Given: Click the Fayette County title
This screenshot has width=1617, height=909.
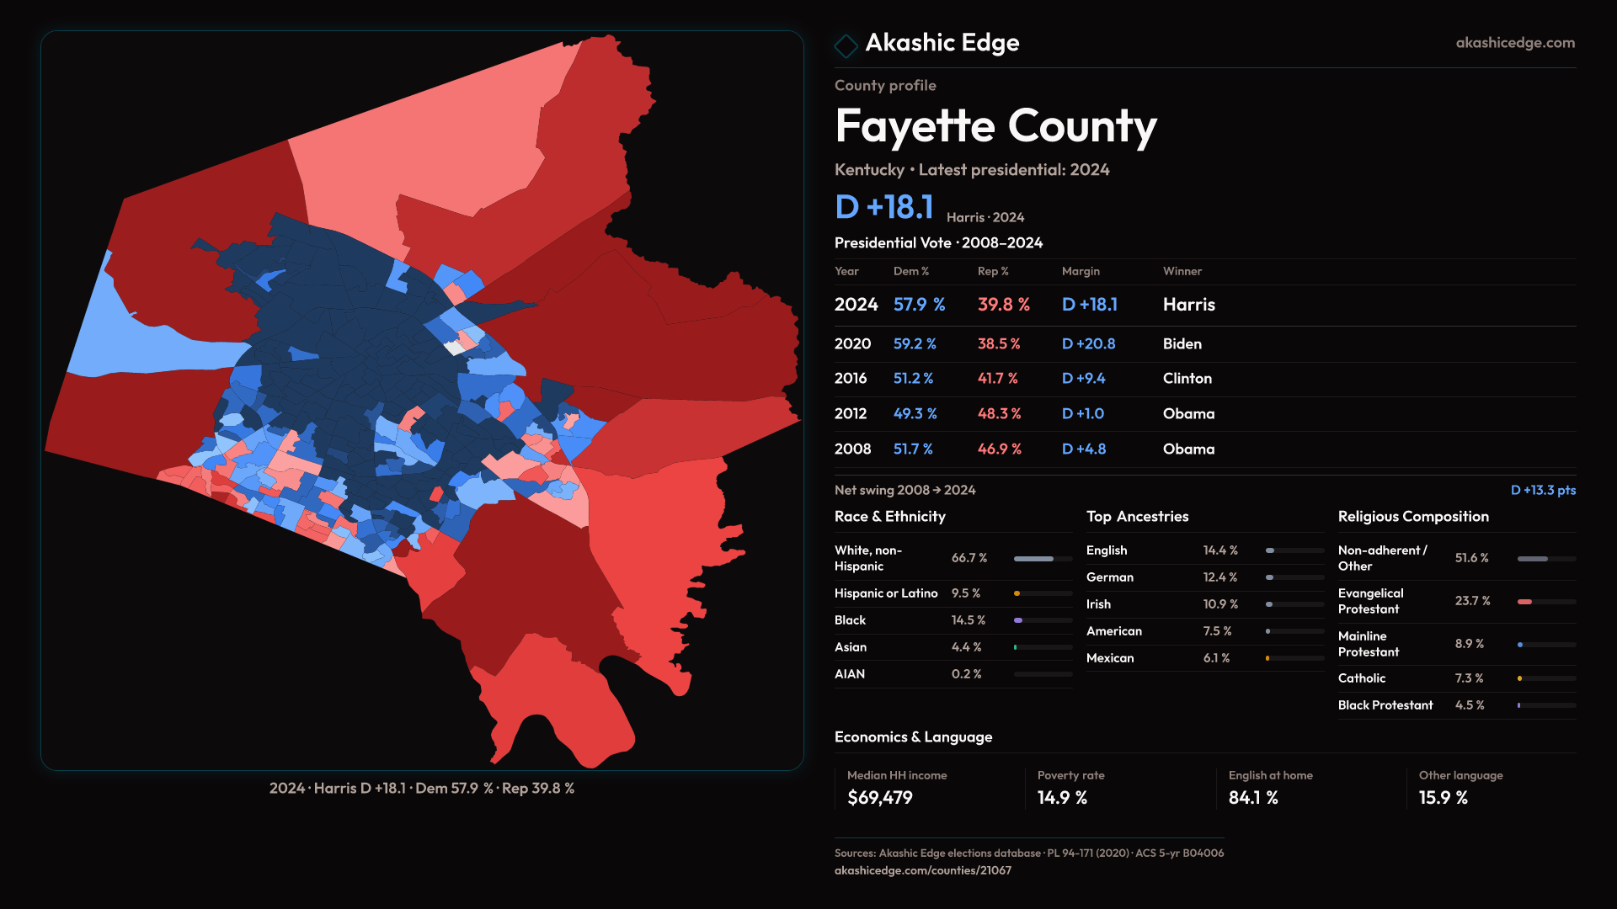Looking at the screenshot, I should (x=995, y=126).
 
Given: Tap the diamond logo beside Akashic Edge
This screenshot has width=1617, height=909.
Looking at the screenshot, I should (x=846, y=45).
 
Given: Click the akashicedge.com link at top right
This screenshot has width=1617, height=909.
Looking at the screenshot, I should (x=1514, y=43).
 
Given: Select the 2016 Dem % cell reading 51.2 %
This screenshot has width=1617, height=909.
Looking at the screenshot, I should (x=913, y=379).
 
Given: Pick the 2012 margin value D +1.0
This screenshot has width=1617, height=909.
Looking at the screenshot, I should (x=1082, y=414).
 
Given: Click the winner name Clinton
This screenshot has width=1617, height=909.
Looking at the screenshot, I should (x=1187, y=379).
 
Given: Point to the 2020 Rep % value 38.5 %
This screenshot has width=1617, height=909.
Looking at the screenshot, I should (x=998, y=344).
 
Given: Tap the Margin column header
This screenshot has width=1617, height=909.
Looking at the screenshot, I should (x=1081, y=271).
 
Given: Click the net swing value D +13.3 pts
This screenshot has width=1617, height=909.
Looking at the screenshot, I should (x=1542, y=490).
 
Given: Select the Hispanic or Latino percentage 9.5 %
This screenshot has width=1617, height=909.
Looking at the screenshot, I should (x=965, y=593).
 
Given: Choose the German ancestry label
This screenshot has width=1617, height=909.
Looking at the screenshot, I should (x=1109, y=577).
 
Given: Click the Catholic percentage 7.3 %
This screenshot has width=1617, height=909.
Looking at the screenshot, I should (x=1469, y=678).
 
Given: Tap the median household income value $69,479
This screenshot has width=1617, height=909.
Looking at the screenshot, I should (x=879, y=798).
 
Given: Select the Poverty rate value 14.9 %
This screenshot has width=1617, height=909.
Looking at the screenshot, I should (x=1062, y=798).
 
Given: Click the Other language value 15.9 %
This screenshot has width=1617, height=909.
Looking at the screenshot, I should (x=1443, y=798).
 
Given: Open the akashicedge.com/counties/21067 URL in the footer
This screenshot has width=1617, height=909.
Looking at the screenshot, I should (x=922, y=870).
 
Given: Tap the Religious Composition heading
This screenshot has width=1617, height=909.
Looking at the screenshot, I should (x=1412, y=517).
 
